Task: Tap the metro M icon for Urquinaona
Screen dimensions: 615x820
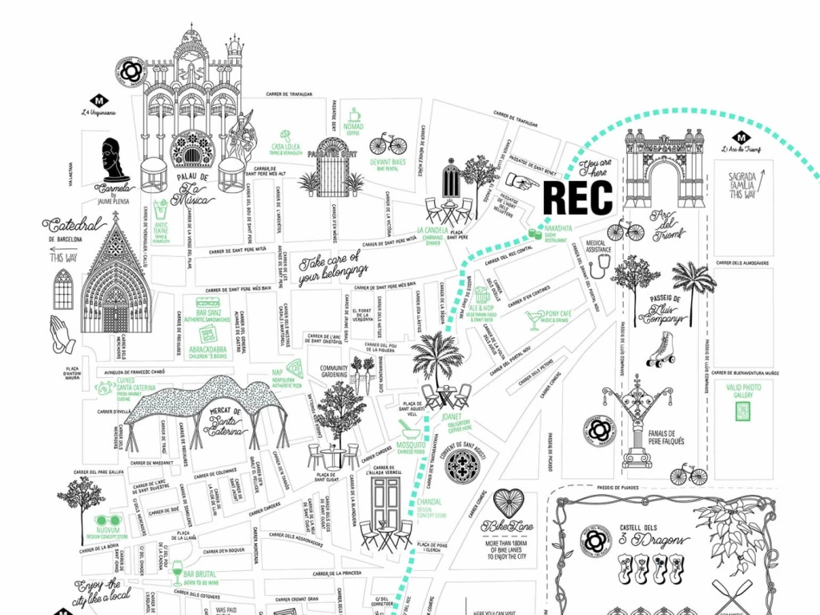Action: tap(99, 101)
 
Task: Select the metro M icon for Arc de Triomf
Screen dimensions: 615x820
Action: tap(741, 137)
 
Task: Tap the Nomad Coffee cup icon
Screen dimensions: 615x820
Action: tap(353, 115)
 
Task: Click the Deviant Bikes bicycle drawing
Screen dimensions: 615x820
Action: tap(388, 145)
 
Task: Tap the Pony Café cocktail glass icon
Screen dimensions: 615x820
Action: tap(533, 320)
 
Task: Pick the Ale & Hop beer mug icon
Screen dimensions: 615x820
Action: tap(481, 294)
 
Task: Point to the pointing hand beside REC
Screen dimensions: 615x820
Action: tap(524, 183)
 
